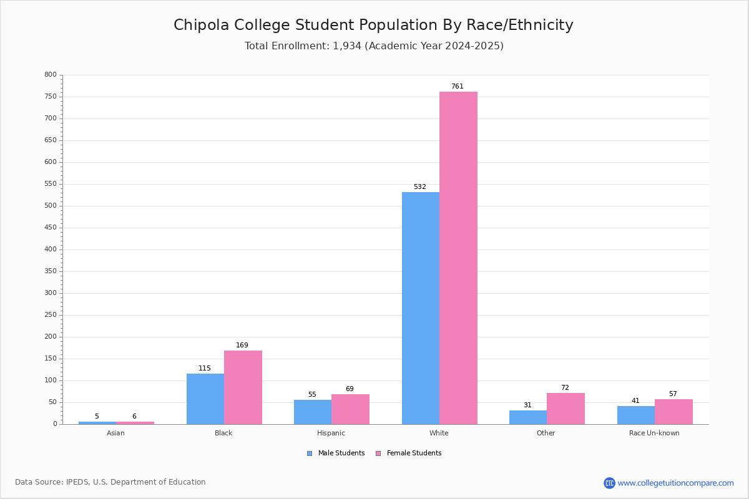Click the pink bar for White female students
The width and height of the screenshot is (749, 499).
(458, 258)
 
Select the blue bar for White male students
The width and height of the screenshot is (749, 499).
(421, 308)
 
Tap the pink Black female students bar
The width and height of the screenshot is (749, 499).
(243, 387)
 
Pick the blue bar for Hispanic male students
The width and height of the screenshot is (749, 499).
(313, 412)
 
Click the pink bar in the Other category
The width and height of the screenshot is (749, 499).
(565, 409)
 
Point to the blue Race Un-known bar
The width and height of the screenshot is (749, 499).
(636, 415)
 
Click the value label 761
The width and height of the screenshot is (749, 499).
(458, 86)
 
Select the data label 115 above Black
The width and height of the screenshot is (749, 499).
(205, 368)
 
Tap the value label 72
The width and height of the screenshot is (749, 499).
(565, 388)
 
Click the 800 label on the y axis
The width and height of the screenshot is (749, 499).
(51, 74)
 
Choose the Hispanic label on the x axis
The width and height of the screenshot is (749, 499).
(331, 433)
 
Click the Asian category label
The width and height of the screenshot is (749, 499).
(115, 433)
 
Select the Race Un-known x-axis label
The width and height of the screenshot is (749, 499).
(654, 433)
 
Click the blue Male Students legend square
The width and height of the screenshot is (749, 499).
(310, 453)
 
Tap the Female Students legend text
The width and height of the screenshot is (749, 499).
(414, 453)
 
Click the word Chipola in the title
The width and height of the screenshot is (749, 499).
(201, 26)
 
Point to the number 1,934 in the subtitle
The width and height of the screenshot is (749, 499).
(347, 46)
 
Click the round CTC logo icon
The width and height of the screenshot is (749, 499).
(609, 483)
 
